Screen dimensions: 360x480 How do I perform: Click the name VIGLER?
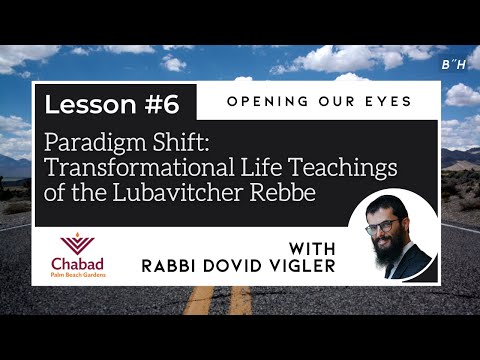302,267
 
